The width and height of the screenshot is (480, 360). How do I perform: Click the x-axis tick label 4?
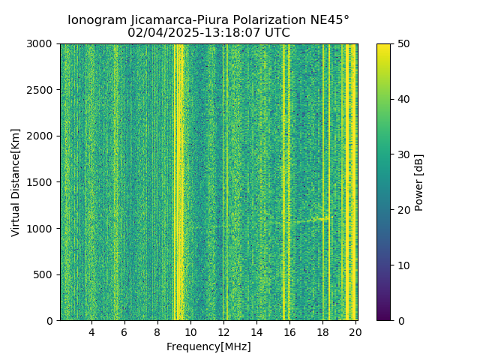(x=91, y=332)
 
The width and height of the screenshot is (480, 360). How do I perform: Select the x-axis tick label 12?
(x=223, y=332)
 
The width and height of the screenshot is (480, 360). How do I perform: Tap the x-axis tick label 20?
(x=355, y=332)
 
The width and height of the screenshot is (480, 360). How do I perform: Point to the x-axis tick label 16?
(x=289, y=332)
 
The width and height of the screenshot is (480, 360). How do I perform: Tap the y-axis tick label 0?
(x=52, y=321)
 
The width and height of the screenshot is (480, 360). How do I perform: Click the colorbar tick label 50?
(x=403, y=44)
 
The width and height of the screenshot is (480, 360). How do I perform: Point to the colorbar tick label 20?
(x=403, y=210)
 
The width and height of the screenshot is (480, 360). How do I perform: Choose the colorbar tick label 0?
(x=400, y=321)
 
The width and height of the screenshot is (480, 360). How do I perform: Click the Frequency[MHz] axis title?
(x=208, y=346)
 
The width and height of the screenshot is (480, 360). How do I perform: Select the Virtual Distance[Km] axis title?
(x=16, y=182)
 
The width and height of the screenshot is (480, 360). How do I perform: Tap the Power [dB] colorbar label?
(x=419, y=182)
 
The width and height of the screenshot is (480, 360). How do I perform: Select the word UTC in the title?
(x=276, y=33)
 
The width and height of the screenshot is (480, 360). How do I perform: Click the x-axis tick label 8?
(x=157, y=332)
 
